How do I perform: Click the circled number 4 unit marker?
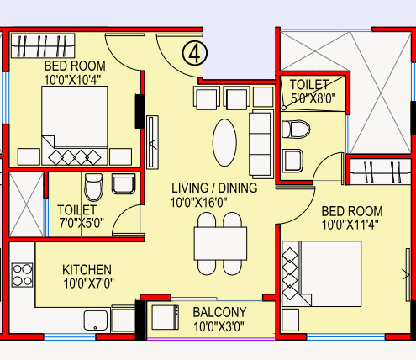pyautogui.click(x=195, y=53)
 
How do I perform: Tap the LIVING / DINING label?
pyautogui.click(x=213, y=187)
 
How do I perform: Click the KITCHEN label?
pyautogui.click(x=87, y=269)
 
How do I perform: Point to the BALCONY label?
pyautogui.click(x=223, y=311)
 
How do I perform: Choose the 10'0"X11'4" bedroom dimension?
pyautogui.click(x=351, y=225)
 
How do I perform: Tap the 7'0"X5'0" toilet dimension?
pyautogui.click(x=77, y=224)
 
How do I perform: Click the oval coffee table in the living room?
pyautogui.click(x=224, y=143)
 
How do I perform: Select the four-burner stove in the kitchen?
pyautogui.click(x=23, y=274)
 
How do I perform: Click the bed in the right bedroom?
pyautogui.click(x=321, y=273)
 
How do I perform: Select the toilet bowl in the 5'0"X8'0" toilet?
pyautogui.click(x=295, y=130)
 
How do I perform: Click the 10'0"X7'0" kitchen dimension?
pyautogui.click(x=87, y=284)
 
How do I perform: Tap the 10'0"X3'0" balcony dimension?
pyautogui.click(x=223, y=326)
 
